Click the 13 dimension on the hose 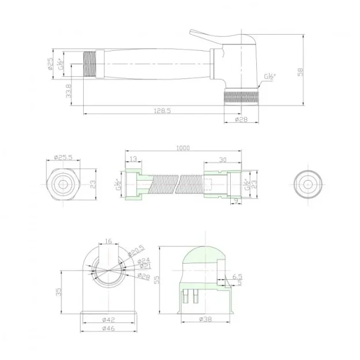click(132, 160)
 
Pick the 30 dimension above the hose click(223, 160)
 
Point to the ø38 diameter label click(206, 319)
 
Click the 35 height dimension click(59, 292)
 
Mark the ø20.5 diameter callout click(137, 251)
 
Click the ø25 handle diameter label click(51, 63)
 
